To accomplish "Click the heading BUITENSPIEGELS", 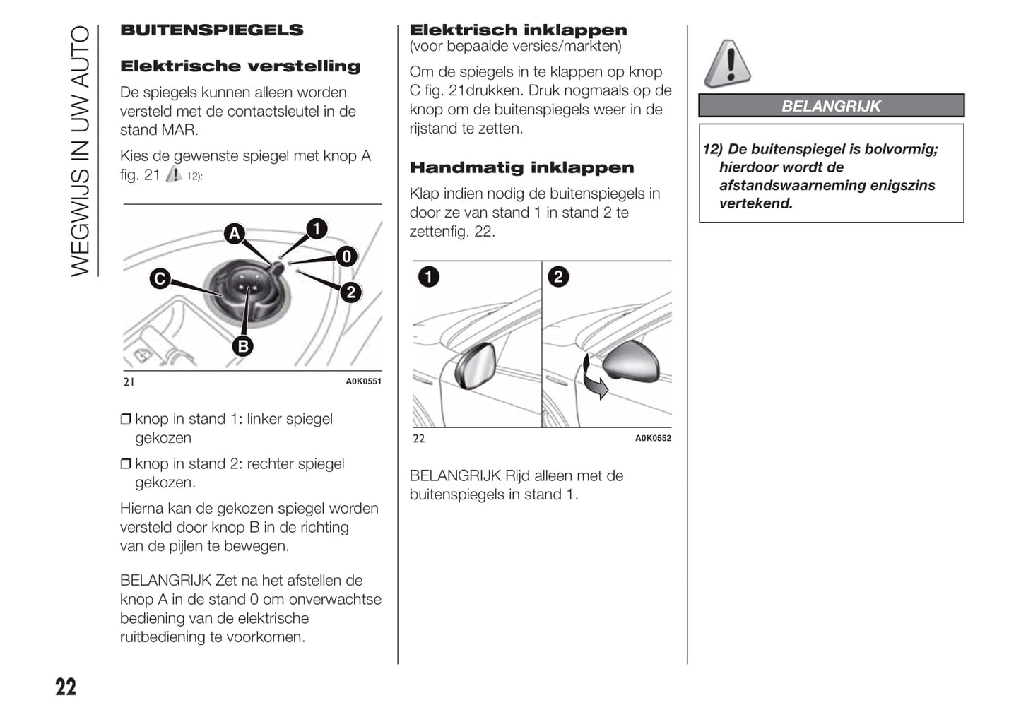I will coord(211,30).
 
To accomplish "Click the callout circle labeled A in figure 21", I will coord(235,233).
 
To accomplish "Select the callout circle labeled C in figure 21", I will coord(160,279).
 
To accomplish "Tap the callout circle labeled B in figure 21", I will coord(243,345).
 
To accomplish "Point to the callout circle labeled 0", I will coord(346,256).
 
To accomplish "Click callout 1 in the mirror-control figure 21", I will coord(317,228).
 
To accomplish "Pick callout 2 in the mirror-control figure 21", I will coord(350,292).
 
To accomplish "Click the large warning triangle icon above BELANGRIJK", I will coord(727,64).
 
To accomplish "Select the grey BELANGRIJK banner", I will coord(831,106).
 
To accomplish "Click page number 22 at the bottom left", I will coord(66,687).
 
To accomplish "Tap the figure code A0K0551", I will coord(363,381).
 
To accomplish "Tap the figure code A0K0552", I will coord(653,438).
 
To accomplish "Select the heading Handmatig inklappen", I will coord(521,167).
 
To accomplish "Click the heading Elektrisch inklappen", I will coord(518,30).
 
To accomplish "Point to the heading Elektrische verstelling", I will coord(240,66).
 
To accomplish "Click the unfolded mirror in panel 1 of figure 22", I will coord(476,365).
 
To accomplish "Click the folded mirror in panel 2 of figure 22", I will coord(632,361).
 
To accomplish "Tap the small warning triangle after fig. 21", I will coord(174,174).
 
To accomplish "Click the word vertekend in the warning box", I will coord(755,203).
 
